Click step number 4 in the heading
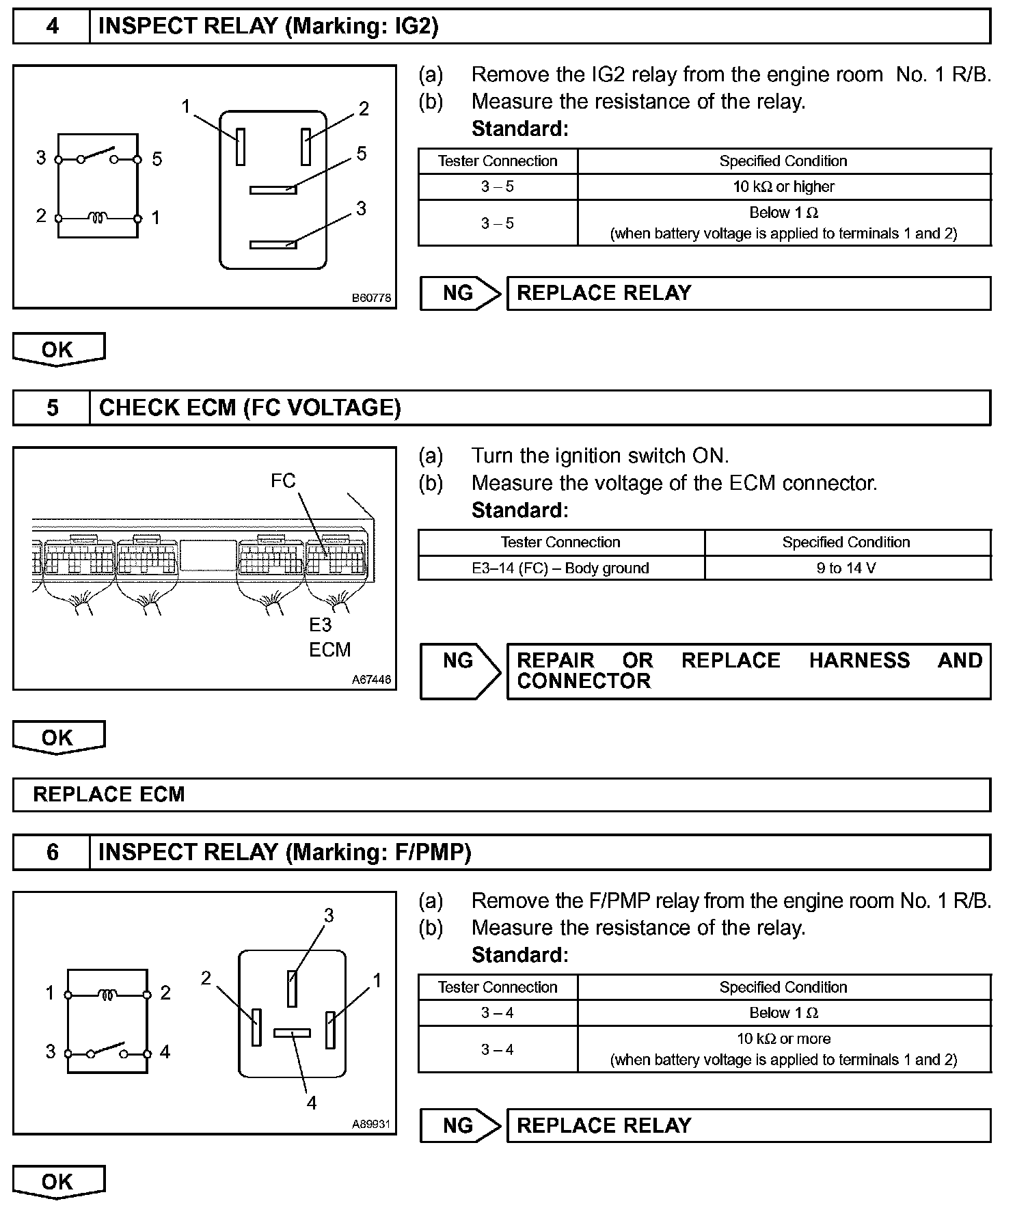pyautogui.click(x=52, y=27)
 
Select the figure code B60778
pyautogui.click(x=371, y=298)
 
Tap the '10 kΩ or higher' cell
pyautogui.click(x=783, y=187)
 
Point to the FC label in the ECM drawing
pyautogui.click(x=283, y=481)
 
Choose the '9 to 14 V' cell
pyautogui.click(x=846, y=568)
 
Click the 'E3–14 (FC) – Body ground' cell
pyautogui.click(x=560, y=568)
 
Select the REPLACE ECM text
pyautogui.click(x=109, y=795)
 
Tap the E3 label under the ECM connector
pyautogui.click(x=320, y=624)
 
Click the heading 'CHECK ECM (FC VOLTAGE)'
pyautogui.click(x=249, y=408)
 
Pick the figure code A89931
pyautogui.click(x=371, y=1124)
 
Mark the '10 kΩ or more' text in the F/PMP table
pyautogui.click(x=783, y=1038)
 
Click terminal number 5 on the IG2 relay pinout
pyautogui.click(x=362, y=154)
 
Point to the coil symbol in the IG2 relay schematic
pyautogui.click(x=97, y=218)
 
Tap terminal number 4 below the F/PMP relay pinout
pyautogui.click(x=312, y=1103)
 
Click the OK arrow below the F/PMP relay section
pyautogui.click(x=58, y=1183)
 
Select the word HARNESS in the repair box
pyautogui.click(x=859, y=661)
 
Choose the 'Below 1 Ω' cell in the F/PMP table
pyautogui.click(x=783, y=1013)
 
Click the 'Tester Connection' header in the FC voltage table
pyautogui.click(x=560, y=542)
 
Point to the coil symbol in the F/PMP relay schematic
pyautogui.click(x=107, y=994)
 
